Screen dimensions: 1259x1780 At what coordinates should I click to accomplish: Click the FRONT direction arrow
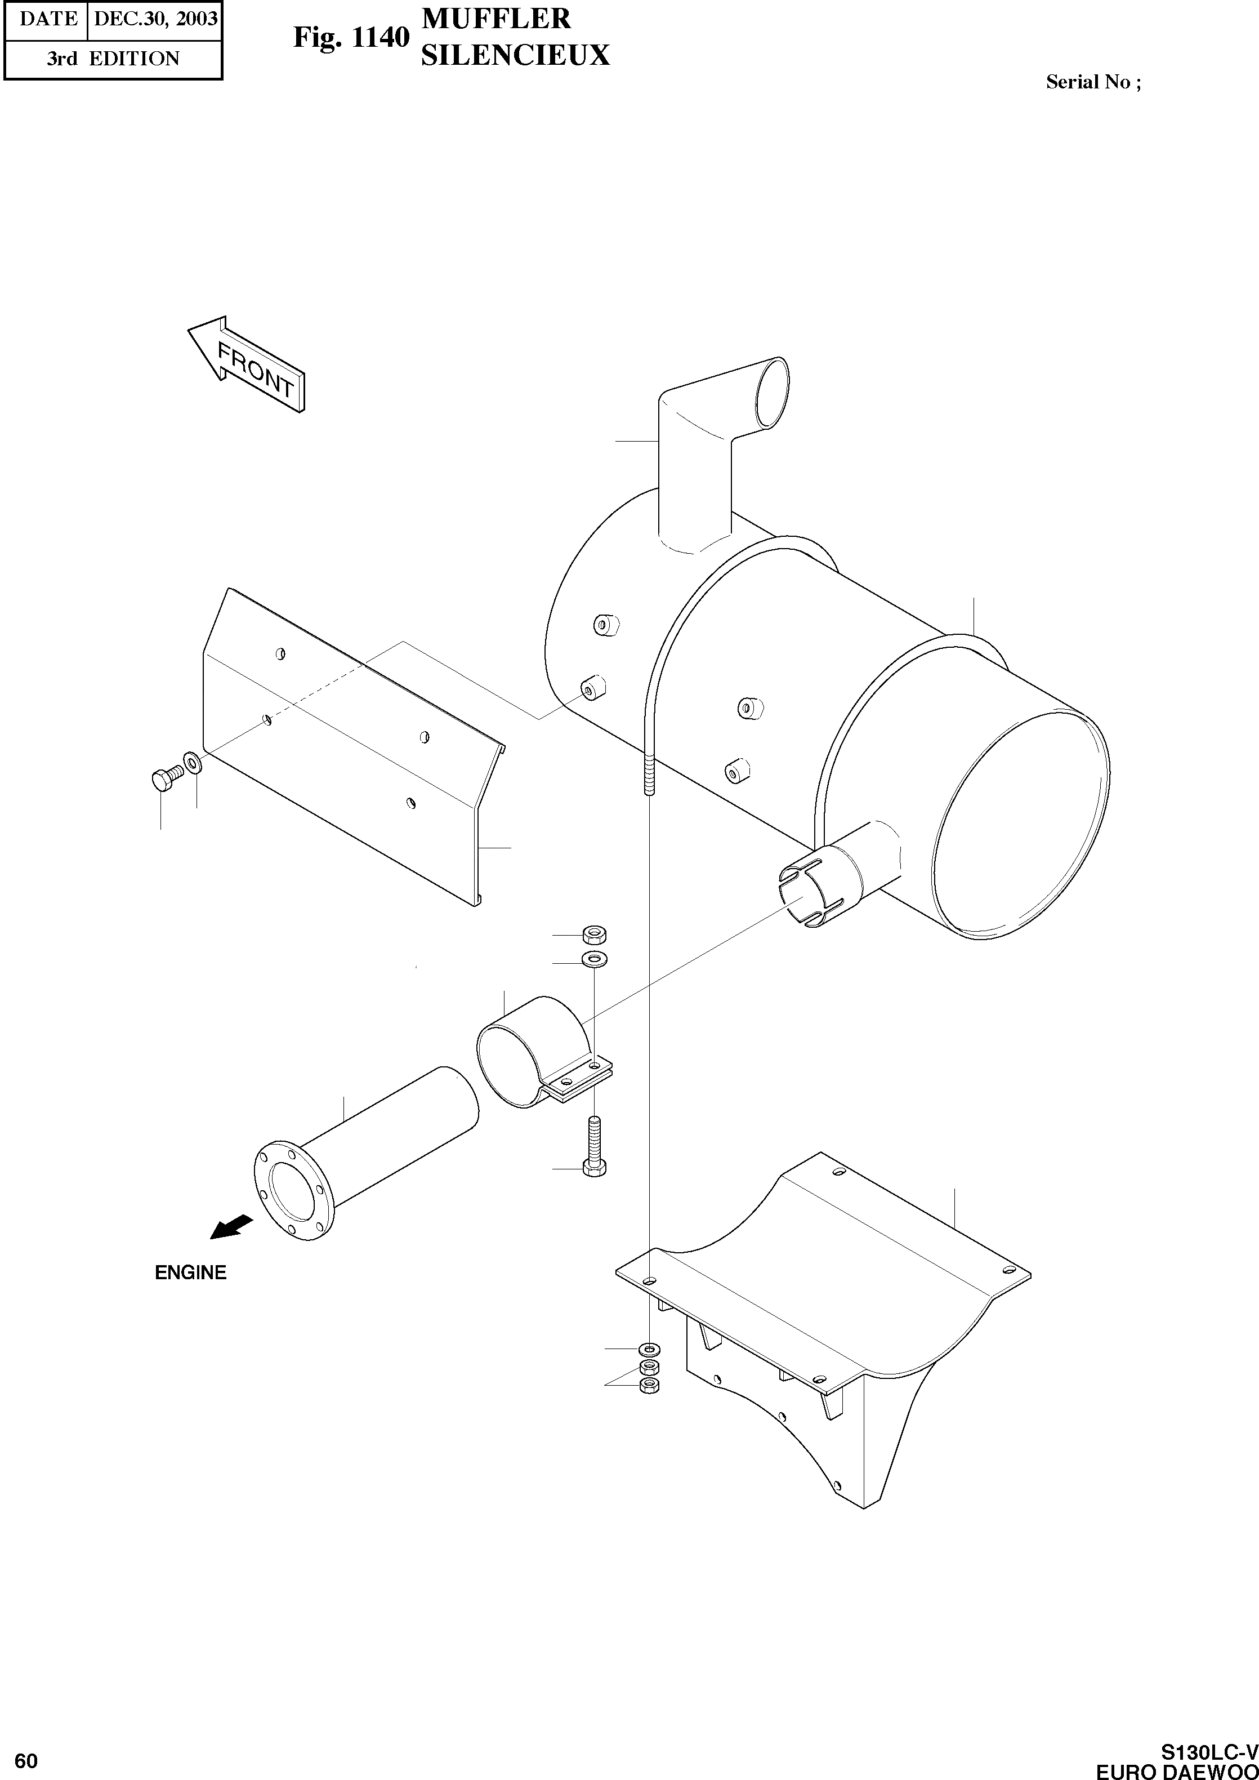[x=247, y=364]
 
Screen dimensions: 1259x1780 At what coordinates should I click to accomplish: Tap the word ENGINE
[x=191, y=1273]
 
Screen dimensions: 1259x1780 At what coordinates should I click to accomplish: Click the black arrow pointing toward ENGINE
[x=232, y=1226]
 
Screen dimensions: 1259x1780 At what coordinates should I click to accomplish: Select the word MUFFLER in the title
[x=496, y=19]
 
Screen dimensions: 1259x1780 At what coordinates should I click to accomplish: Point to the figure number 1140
[x=381, y=37]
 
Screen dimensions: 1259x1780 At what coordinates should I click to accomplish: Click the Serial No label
[x=1092, y=82]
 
